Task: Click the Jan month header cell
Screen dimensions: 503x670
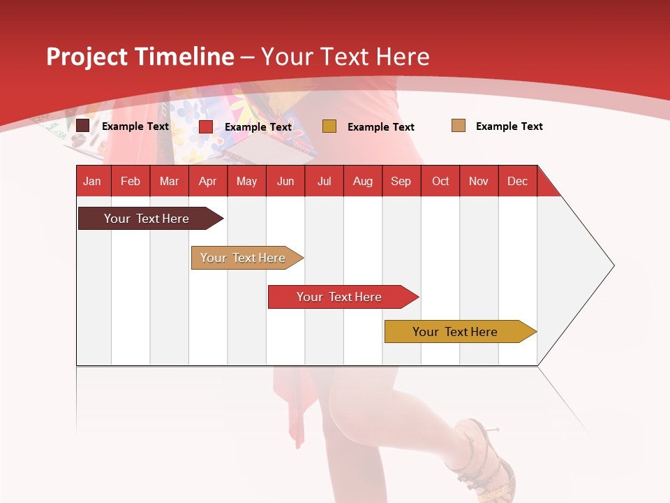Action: pos(93,181)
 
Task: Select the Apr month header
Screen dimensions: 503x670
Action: pos(208,181)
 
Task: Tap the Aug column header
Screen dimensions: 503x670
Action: pos(363,181)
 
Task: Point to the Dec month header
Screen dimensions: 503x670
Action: pos(517,181)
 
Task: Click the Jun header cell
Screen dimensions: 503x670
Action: pos(285,181)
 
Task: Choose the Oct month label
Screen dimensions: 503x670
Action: pos(440,181)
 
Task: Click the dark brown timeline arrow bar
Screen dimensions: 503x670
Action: pos(147,219)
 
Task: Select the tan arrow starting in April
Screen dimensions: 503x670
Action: pos(243,258)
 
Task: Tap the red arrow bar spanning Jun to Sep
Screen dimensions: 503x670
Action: pos(339,297)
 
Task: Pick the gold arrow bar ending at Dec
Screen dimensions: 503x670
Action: pos(455,332)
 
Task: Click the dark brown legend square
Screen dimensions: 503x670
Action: pos(83,126)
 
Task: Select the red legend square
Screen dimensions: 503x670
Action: pos(206,126)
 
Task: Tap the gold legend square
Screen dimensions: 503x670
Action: pos(329,126)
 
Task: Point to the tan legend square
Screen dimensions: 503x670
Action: pos(459,126)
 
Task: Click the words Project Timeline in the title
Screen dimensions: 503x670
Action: pos(140,57)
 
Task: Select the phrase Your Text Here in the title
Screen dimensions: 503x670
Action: pos(345,57)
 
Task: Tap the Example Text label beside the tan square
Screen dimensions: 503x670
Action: pos(509,126)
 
